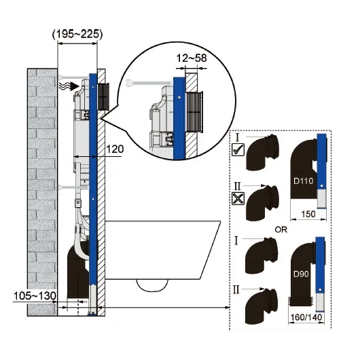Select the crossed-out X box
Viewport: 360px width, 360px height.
click(238, 198)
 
